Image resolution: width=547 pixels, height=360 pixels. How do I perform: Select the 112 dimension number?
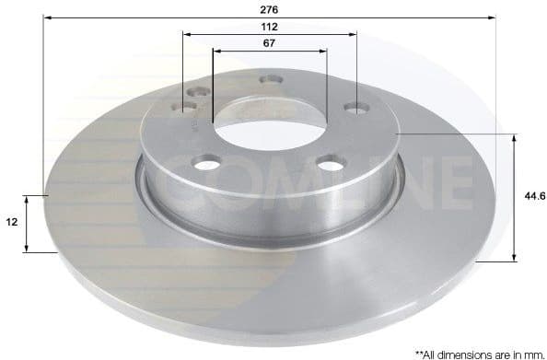coord(270,27)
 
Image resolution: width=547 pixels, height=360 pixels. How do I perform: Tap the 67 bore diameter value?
coord(270,42)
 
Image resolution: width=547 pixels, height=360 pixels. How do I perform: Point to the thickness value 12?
coord(12,223)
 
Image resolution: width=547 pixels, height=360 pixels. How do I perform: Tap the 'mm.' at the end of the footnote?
coord(531,353)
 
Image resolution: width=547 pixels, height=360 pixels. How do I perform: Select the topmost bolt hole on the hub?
coord(270,80)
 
